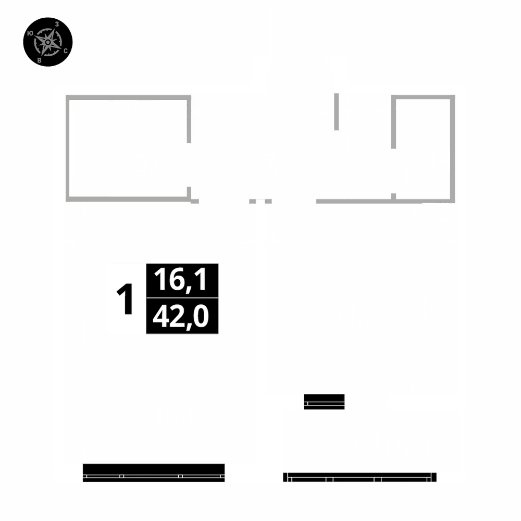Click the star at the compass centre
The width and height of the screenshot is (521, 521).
pyautogui.click(x=48, y=42)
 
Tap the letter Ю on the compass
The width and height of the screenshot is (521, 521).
pyautogui.click(x=30, y=33)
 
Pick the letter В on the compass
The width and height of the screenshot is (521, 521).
pyautogui.click(x=40, y=60)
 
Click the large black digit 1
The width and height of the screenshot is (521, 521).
pyautogui.click(x=125, y=300)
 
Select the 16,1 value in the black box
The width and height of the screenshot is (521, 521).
pyautogui.click(x=182, y=280)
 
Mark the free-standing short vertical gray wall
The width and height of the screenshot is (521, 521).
pyautogui.click(x=337, y=112)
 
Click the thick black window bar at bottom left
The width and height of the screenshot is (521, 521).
pyautogui.click(x=154, y=472)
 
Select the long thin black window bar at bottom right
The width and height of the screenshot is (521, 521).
pyautogui.click(x=359, y=477)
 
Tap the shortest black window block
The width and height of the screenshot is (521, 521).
pyautogui.click(x=324, y=402)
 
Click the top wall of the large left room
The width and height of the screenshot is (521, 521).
pyautogui.click(x=128, y=97)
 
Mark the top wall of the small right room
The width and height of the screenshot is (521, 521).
pyautogui.click(x=423, y=97)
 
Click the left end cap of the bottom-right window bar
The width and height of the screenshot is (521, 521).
pyautogui.click(x=285, y=477)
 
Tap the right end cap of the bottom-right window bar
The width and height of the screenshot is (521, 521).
pyautogui.click(x=435, y=477)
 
